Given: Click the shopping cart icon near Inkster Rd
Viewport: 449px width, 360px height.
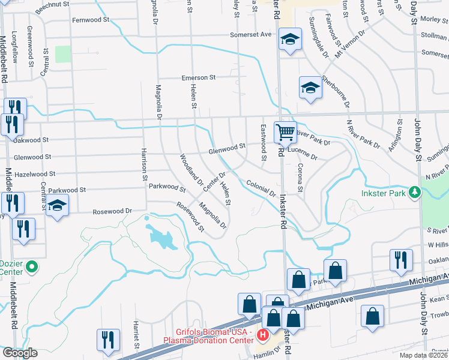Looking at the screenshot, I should pos(285,131).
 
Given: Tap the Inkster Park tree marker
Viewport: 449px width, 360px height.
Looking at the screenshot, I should pos(414,193).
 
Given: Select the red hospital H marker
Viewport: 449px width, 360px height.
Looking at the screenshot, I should pos(262,334).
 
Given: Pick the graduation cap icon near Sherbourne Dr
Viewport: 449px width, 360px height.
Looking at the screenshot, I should pos(310,88).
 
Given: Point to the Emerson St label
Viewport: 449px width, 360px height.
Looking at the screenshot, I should pos(199,78).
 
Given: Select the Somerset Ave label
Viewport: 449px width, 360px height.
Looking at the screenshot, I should pos(252,35).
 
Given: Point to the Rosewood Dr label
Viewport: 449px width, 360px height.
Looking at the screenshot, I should pos(112,211).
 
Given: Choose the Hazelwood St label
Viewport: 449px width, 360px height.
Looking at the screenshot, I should pos(34,173).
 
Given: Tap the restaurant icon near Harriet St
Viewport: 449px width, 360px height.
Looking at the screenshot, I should pos(108,339).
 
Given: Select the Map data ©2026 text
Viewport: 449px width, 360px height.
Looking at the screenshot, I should pos(423,355).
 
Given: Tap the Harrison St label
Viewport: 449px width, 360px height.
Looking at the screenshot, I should pos(145,164).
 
